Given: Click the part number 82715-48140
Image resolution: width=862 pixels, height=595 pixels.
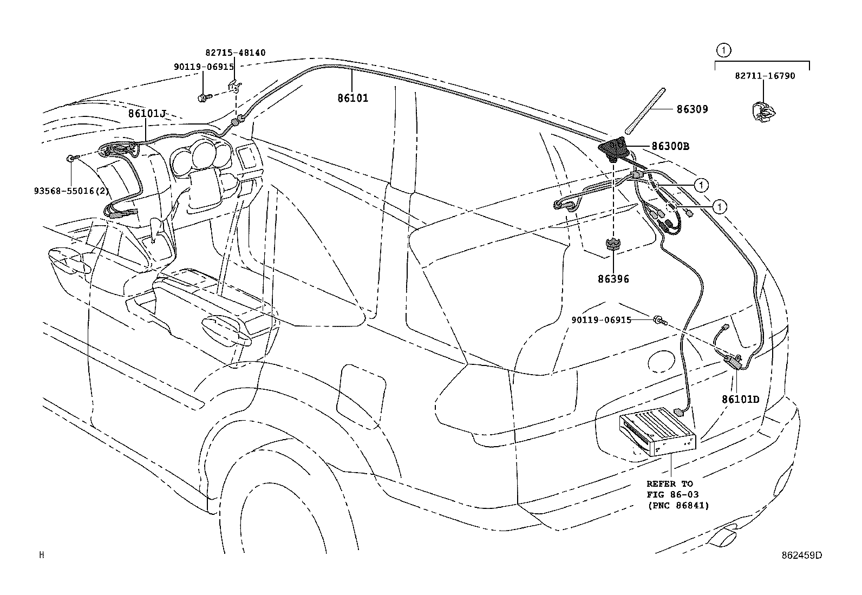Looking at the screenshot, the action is pos(235,53).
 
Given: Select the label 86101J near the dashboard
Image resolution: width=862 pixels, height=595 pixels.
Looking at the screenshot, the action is pos(147,113).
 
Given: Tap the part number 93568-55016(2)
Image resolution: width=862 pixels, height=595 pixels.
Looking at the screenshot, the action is pos(71,191).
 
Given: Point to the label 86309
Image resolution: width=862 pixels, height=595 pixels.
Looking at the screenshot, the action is pos(693,109).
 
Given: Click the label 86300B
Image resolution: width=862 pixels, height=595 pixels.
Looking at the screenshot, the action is pos(670,146).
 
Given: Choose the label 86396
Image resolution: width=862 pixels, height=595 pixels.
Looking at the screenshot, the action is pos(613,279).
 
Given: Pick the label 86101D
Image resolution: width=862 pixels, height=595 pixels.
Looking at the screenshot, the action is pos(741,400).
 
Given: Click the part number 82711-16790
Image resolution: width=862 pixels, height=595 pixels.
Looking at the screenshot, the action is pos(765,76).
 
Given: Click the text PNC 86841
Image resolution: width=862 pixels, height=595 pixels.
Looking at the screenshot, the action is pos(678,505).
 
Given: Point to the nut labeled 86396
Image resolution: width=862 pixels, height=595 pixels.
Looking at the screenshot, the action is pos(613,244).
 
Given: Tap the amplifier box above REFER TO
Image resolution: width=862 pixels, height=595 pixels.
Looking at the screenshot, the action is pos(657,431).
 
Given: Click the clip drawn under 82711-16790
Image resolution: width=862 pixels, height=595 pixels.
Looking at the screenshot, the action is pos(763,112).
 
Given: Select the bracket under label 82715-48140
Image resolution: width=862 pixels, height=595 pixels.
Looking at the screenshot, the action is pos(234,86).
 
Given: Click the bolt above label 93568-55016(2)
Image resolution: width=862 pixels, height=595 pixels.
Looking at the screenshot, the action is pos(73,158).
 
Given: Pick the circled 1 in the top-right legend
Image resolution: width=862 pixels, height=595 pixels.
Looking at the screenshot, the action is pos(723,50).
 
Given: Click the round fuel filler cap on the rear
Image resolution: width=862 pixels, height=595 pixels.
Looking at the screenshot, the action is pos(661,361).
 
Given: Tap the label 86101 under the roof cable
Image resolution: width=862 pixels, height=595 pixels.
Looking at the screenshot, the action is pos(353,98).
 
